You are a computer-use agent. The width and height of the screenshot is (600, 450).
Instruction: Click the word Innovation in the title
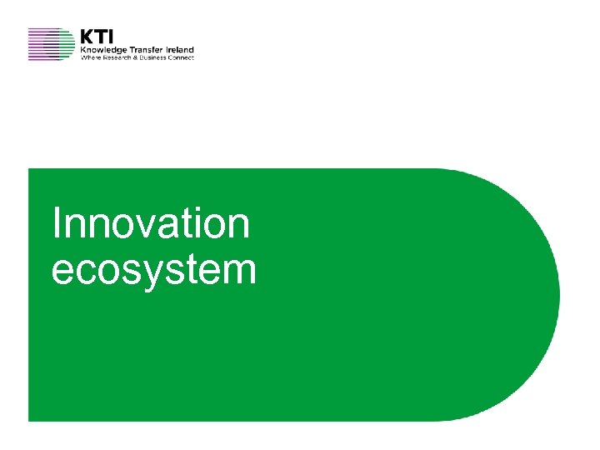click(150, 224)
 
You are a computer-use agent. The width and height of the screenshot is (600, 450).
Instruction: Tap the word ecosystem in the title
click(153, 271)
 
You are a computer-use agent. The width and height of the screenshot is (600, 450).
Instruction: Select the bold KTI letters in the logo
click(97, 37)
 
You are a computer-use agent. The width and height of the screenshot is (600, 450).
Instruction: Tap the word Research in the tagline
click(116, 57)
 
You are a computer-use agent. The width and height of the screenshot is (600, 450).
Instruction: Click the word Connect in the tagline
click(181, 57)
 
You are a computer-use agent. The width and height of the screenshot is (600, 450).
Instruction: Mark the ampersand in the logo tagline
click(134, 57)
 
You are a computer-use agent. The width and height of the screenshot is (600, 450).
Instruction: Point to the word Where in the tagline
click(90, 57)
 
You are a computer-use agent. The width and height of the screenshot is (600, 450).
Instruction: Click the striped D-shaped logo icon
click(51, 44)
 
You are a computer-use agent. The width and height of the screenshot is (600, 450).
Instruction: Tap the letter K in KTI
click(87, 37)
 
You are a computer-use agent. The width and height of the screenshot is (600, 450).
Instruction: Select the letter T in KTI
click(100, 37)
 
